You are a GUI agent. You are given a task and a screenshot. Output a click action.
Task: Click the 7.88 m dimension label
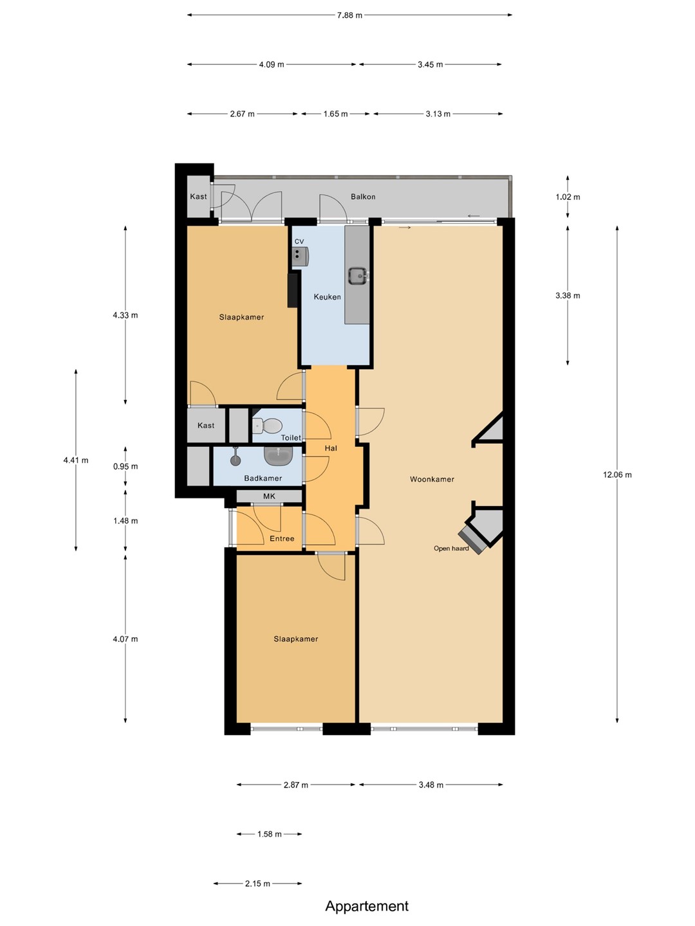[349, 15]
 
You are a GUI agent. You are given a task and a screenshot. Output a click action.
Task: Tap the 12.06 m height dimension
[617, 475]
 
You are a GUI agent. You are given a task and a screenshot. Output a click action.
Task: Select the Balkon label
[363, 197]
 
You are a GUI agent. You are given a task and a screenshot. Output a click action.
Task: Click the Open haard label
[451, 549]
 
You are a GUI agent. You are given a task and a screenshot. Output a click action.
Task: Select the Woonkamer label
[432, 479]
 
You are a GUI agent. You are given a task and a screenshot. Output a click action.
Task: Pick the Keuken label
[327, 297]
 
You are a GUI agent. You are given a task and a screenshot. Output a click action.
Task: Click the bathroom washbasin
[279, 455]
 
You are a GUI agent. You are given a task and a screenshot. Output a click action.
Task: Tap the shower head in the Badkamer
[236, 457]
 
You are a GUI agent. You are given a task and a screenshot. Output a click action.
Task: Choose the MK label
[269, 496]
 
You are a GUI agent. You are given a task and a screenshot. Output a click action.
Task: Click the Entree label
[282, 538]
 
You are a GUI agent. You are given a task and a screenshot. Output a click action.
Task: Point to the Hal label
[331, 448]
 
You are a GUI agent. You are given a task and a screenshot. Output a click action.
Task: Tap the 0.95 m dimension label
[125, 466]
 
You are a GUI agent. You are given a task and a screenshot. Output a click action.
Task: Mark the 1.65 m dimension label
[335, 114]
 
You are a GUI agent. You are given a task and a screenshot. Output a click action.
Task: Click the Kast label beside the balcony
[198, 197]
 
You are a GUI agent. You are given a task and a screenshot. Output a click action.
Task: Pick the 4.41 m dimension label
[76, 460]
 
